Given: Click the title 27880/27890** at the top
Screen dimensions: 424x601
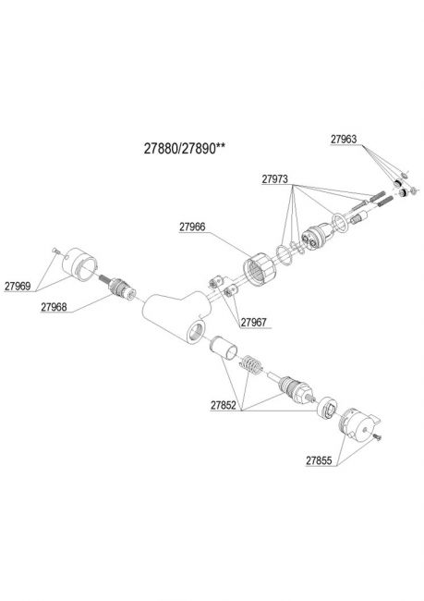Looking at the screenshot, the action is point(184,148).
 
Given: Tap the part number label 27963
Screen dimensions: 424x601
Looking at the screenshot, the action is point(344,139).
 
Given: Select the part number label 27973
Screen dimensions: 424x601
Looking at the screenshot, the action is point(274,179).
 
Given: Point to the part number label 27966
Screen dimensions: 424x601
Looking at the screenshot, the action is point(192,227).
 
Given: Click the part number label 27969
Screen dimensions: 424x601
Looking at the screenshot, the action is point(18,286).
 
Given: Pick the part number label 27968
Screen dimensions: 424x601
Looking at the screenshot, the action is point(54,307).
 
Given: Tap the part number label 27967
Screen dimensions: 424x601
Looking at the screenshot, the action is point(253,323).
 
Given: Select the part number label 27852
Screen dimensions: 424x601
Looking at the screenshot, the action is point(224,405).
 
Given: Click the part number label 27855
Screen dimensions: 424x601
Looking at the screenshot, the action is point(319,460).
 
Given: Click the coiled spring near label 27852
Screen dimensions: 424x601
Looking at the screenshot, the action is point(251,364).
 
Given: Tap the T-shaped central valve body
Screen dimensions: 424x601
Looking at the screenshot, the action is point(176,315).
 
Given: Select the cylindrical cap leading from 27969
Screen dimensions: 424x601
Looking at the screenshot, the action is point(79,263).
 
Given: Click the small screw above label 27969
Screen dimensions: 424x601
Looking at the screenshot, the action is point(55,251).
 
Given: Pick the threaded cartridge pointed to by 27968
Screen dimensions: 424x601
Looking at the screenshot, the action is point(118,288).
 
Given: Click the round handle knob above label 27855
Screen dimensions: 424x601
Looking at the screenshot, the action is point(359,425).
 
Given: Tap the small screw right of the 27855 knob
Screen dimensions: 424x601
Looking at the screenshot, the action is point(377,436).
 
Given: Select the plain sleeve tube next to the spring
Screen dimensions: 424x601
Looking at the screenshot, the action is point(224,348).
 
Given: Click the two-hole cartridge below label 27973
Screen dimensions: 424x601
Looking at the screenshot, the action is point(316,237).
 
